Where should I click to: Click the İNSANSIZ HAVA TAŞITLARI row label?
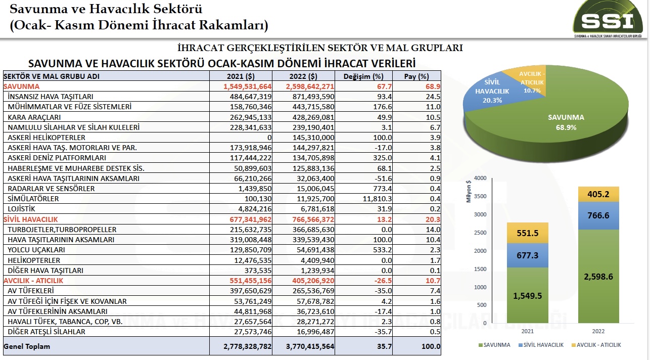tap(51, 97)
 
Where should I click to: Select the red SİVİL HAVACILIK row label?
tap(31, 219)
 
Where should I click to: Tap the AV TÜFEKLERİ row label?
tap(31, 291)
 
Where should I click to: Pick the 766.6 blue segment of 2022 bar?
tap(598, 215)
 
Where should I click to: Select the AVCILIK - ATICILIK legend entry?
tap(597, 345)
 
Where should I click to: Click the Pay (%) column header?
tap(416, 76)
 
